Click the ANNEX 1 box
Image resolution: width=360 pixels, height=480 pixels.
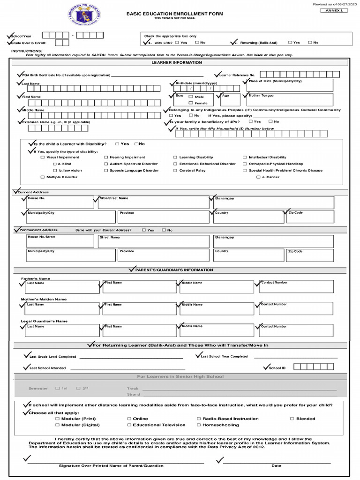point(334,10)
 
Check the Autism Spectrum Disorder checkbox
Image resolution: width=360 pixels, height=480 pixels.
point(106,164)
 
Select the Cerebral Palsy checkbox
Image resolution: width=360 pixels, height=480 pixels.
point(175,171)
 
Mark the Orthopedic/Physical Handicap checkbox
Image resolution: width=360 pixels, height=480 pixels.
point(245,164)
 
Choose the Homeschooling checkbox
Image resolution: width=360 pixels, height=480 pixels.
point(199,425)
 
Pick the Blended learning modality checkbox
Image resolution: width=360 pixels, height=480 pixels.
point(292,419)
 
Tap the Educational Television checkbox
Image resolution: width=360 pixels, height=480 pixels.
point(129,425)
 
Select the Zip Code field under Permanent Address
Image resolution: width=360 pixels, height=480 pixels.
point(310,255)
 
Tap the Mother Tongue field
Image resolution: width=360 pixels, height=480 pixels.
point(290,100)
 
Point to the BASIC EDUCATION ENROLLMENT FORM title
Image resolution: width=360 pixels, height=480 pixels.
point(174,14)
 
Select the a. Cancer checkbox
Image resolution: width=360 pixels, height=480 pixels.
point(258,177)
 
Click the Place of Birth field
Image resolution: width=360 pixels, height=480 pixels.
point(290,85)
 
